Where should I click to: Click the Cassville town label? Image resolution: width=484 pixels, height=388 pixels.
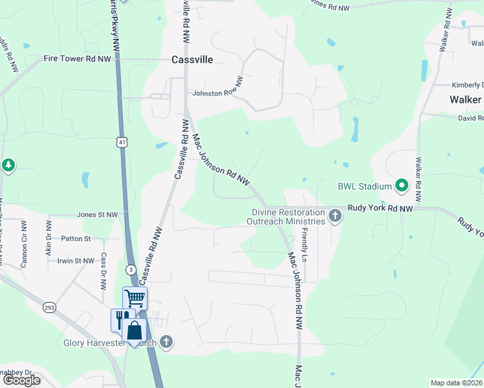point(193,59)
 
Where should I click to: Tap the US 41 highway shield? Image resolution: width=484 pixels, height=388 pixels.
point(122,141)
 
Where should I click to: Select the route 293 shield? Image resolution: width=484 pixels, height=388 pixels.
point(50,308)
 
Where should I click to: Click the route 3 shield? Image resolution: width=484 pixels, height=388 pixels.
point(131,268)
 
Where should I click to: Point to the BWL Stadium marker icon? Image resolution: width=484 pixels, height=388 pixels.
point(401,186)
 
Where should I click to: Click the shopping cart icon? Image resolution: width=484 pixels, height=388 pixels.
point(135,298)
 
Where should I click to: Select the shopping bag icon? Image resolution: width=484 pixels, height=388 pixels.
point(135,330)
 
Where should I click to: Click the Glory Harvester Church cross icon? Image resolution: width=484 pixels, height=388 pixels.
point(166,342)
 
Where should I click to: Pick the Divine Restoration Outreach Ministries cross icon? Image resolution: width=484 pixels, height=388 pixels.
point(335,216)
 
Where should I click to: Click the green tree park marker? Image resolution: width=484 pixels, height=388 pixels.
point(8,166)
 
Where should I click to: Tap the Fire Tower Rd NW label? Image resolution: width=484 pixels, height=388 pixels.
point(77,58)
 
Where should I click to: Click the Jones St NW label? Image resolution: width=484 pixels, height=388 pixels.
point(98,215)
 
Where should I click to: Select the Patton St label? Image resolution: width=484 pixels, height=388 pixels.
point(76,239)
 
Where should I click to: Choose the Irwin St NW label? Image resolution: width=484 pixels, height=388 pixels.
point(76,261)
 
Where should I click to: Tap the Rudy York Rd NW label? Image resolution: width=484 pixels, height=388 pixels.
point(380,208)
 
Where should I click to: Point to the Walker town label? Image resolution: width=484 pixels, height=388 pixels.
point(465,100)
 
